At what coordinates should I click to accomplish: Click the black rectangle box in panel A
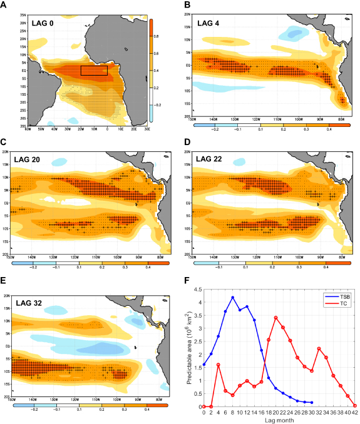pyautogui.click(x=94, y=70)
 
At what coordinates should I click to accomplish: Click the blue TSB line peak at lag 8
pyautogui.click(x=232, y=297)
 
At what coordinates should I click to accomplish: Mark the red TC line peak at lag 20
pyautogui.click(x=276, y=318)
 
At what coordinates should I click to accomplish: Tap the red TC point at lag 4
pyautogui.click(x=218, y=365)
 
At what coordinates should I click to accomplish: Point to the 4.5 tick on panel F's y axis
pyautogui.click(x=198, y=290)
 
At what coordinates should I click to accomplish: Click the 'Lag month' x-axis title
pyautogui.click(x=279, y=416)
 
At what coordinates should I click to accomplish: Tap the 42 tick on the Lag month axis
pyautogui.click(x=355, y=410)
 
